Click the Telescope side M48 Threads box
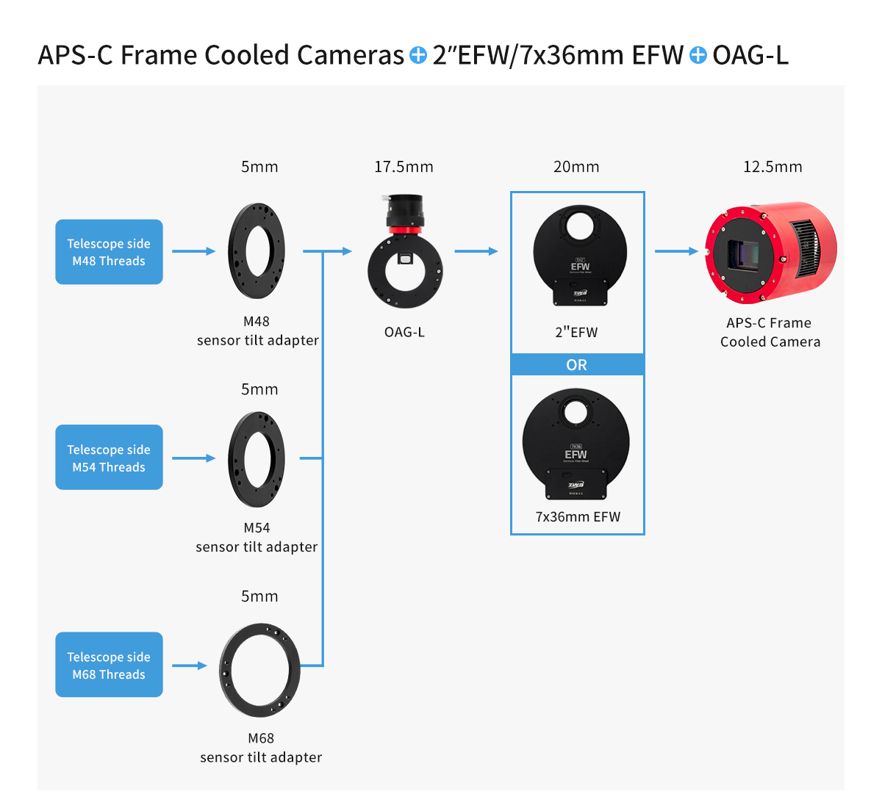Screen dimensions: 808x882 (x=109, y=252)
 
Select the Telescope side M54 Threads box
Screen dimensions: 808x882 (x=109, y=458)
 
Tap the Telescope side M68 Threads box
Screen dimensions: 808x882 (x=109, y=665)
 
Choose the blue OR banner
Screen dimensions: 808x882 (x=577, y=365)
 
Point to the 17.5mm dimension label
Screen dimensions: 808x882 (x=404, y=167)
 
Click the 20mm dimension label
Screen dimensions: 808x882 (x=576, y=167)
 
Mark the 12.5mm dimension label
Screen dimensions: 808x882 (x=772, y=167)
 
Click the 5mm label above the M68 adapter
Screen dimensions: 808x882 (x=259, y=596)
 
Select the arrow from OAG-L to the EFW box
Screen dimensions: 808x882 (x=476, y=251)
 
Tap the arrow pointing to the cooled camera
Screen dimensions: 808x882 (x=676, y=251)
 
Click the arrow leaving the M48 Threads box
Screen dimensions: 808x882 (x=193, y=251)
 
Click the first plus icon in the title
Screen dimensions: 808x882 (x=417, y=55)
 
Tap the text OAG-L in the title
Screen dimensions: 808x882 (x=750, y=55)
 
